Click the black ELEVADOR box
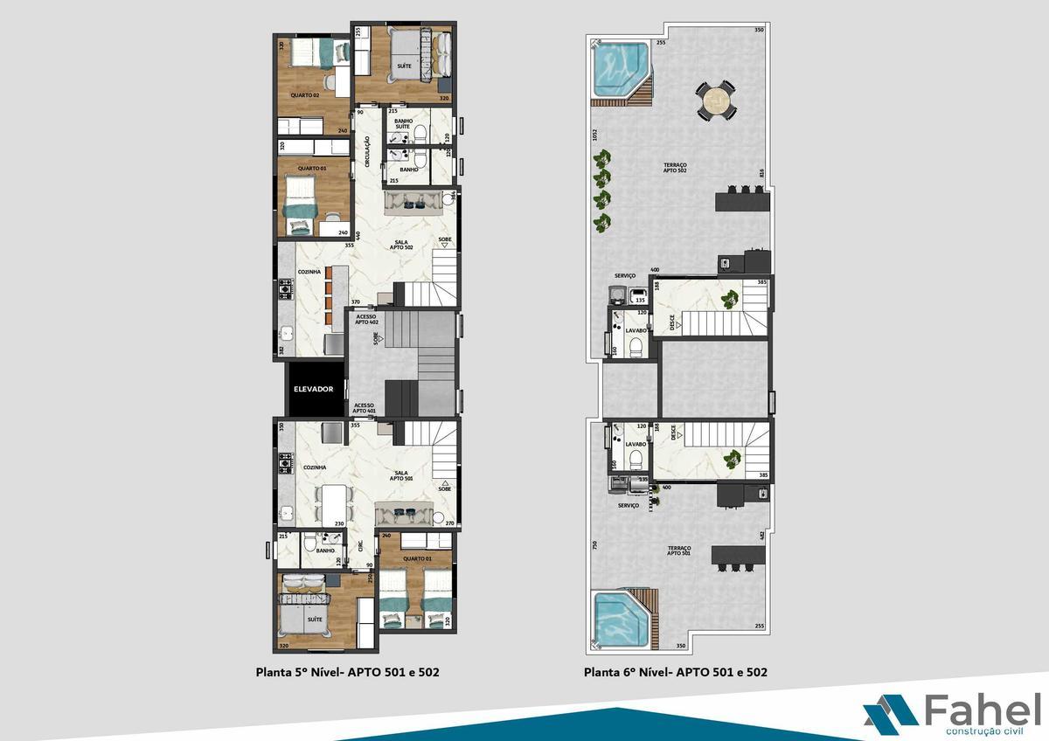313,389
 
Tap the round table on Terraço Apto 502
715,100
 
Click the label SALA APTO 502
401,246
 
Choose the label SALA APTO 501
402,475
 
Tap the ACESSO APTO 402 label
365,319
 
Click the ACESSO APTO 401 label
365,408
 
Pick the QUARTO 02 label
304,94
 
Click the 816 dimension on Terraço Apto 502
762,174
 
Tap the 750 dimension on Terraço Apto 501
594,544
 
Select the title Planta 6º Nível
676,673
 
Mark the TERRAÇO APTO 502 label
675,169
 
